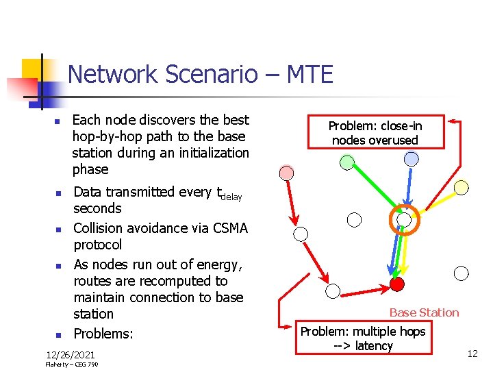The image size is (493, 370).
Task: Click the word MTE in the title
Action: pos(305,73)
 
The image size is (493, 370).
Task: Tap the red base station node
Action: pos(396,283)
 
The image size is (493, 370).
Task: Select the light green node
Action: pos(348,162)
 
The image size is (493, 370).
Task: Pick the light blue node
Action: pos(411,159)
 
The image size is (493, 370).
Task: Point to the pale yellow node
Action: pos(462,187)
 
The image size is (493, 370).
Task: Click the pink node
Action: pos(287,173)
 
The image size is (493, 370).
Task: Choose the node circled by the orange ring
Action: pos(405,220)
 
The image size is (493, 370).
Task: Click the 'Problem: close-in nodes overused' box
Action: pos(375,133)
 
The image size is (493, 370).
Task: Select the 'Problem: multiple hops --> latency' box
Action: pos(363,338)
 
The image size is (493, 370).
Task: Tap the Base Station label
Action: pos(424,312)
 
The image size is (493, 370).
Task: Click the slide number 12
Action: pos(472,354)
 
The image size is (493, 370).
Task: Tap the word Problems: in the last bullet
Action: pos(103,334)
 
